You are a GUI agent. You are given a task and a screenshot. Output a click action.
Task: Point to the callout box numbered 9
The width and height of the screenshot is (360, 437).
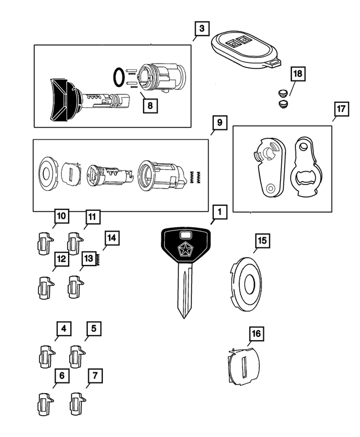[x=219, y=123]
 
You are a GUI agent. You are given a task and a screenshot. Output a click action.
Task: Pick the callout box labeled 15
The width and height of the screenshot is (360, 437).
[x=262, y=241]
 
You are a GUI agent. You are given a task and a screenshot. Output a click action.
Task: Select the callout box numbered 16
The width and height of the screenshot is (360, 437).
[x=256, y=334]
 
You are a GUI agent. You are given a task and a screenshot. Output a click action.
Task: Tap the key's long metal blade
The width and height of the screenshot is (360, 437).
[x=184, y=292]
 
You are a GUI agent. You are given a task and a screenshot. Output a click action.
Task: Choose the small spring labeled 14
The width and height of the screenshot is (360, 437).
[x=98, y=259]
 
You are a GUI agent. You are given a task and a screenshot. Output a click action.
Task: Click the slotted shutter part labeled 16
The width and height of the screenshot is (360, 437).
[x=244, y=368]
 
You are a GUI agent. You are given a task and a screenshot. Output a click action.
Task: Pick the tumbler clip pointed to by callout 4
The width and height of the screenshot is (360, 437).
[x=46, y=355]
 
